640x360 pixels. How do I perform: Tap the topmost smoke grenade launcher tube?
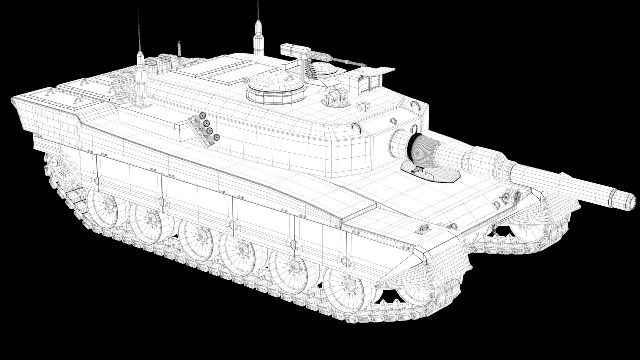(201, 116)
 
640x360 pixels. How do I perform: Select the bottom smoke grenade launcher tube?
(217, 137)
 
